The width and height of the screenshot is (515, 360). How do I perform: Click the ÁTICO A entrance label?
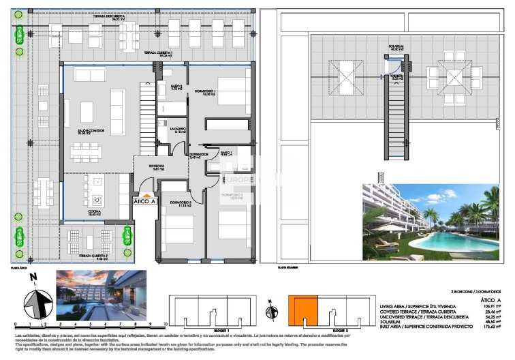pyautogui.click(x=144, y=202)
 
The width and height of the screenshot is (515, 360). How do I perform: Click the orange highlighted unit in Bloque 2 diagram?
pyautogui.click(x=302, y=312)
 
